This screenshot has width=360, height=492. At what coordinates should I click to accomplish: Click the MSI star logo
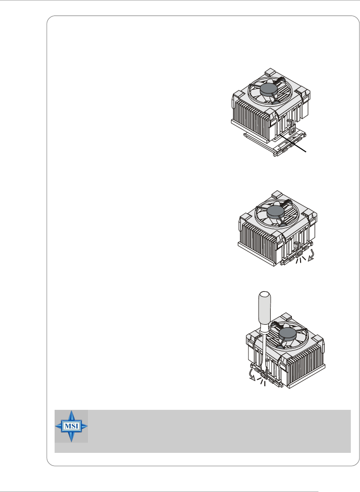pyautogui.click(x=72, y=426)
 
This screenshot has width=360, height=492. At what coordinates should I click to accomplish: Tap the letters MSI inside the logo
pyautogui.click(x=72, y=426)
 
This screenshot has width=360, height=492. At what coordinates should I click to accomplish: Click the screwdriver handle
pyautogui.click(x=264, y=311)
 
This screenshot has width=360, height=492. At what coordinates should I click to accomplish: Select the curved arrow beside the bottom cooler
pyautogui.click(x=252, y=375)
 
